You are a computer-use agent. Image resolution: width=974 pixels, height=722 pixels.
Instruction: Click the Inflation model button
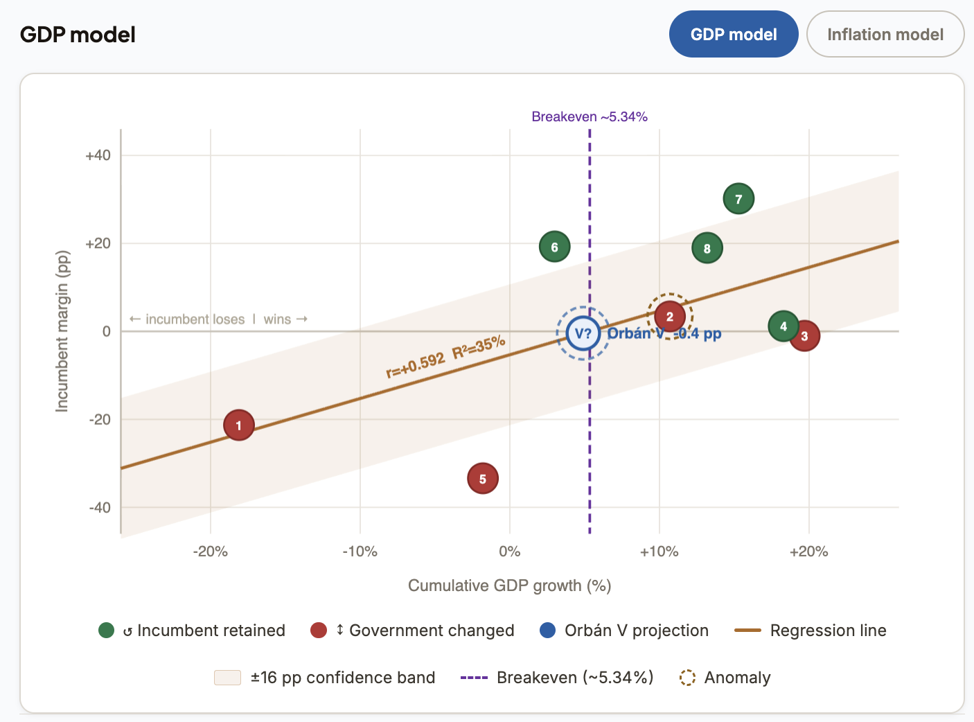885,35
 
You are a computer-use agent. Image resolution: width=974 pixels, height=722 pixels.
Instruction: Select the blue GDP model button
733,35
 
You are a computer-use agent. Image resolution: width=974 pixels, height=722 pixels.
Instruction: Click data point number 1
239,425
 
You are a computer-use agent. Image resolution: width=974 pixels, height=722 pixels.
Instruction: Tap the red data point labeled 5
483,479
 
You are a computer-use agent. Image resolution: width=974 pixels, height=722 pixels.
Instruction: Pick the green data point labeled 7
738,200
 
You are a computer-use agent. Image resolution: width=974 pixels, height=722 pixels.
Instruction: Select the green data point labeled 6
554,247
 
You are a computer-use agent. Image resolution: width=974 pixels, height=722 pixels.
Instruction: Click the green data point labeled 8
707,248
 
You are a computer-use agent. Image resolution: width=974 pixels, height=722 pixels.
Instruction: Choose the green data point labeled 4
783,326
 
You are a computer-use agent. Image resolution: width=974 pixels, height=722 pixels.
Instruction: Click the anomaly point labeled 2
670,317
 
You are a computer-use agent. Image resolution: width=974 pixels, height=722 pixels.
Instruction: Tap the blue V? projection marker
583,333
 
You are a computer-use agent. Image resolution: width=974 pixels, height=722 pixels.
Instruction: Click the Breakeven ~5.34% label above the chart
590,117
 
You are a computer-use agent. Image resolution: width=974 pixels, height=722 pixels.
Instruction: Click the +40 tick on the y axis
98,155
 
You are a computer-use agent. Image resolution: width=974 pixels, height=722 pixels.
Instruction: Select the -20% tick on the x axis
210,552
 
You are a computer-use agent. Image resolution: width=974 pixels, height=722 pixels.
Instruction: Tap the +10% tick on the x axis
659,552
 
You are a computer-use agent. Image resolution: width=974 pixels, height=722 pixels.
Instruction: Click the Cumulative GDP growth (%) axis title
509,585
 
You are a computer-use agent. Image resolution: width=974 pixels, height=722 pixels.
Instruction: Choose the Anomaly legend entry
725,678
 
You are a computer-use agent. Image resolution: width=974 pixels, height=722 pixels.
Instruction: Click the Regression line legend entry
811,631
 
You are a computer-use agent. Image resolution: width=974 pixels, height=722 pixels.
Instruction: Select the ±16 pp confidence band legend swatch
227,678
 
